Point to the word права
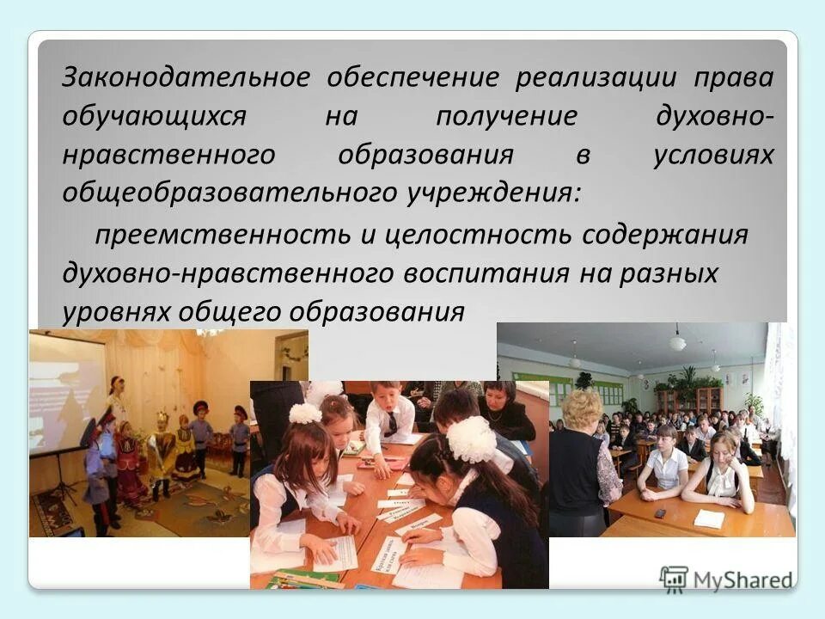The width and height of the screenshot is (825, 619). (x=733, y=78)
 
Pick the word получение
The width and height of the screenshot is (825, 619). (x=506, y=117)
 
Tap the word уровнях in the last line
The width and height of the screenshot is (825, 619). (x=116, y=311)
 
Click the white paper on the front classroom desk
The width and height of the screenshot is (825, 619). (x=710, y=518)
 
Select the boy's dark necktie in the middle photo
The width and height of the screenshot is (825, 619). (x=391, y=422)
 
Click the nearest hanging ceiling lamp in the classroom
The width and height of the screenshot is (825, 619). (x=678, y=341)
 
